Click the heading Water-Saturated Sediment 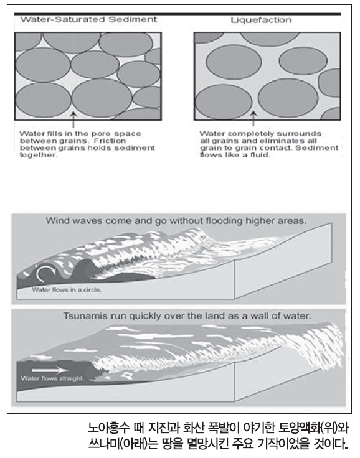(x=88, y=19)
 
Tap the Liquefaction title (x=261, y=20)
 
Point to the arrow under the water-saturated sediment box (x=73, y=120)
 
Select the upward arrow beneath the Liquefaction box (x=253, y=119)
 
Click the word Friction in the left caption (x=110, y=141)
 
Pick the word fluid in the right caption (x=260, y=155)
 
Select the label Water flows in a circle (x=67, y=290)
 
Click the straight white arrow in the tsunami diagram (x=49, y=370)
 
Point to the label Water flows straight (x=52, y=378)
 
